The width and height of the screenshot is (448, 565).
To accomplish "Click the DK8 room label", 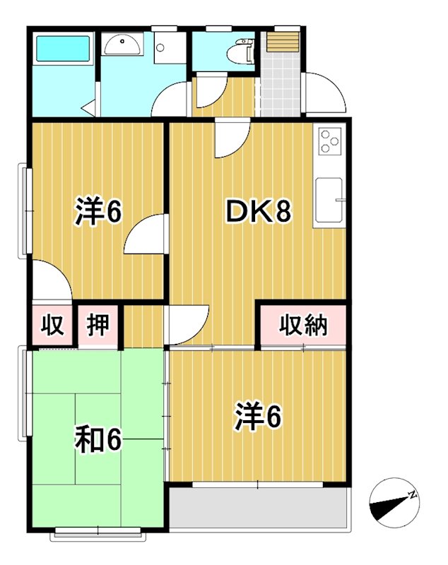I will pyautogui.click(x=258, y=211).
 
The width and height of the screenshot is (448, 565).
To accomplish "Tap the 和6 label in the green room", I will pyautogui.click(x=99, y=441).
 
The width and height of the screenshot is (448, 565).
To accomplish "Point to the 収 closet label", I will pyautogui.click(x=52, y=326).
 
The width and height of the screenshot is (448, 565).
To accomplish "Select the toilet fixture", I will pyautogui.click(x=240, y=51).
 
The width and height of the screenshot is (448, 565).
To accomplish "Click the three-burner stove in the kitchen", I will pyautogui.click(x=330, y=141).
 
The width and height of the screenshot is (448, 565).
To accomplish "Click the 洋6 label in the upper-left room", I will pyautogui.click(x=98, y=211).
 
